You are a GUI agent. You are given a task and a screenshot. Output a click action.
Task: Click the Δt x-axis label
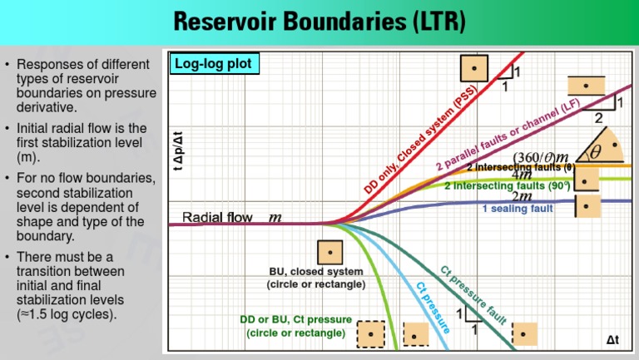pyautogui.click(x=612, y=340)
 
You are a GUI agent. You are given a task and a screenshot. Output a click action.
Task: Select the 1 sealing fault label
pyautogui.click(x=518, y=209)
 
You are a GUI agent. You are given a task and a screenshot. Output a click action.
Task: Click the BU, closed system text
pyautogui.click(x=315, y=272)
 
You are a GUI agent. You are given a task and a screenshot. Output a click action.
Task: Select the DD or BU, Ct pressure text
pyautogui.click(x=295, y=320)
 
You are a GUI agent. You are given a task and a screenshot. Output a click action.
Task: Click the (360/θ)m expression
pyautogui.click(x=541, y=157)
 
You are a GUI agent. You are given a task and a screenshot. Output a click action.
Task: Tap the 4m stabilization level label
pyautogui.click(x=522, y=175)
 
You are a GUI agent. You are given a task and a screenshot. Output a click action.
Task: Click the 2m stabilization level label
pyautogui.click(x=522, y=196)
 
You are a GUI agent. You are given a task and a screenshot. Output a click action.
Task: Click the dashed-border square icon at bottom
pyautogui.click(x=370, y=334)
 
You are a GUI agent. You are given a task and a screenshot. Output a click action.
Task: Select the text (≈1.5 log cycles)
pyautogui.click(x=67, y=314)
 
